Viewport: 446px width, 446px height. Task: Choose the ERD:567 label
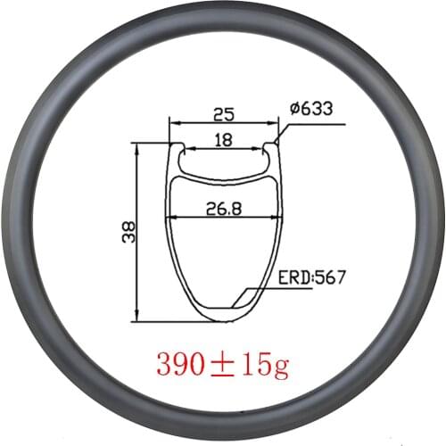(x=305, y=278)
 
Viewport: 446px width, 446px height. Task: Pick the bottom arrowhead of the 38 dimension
(x=136, y=318)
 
